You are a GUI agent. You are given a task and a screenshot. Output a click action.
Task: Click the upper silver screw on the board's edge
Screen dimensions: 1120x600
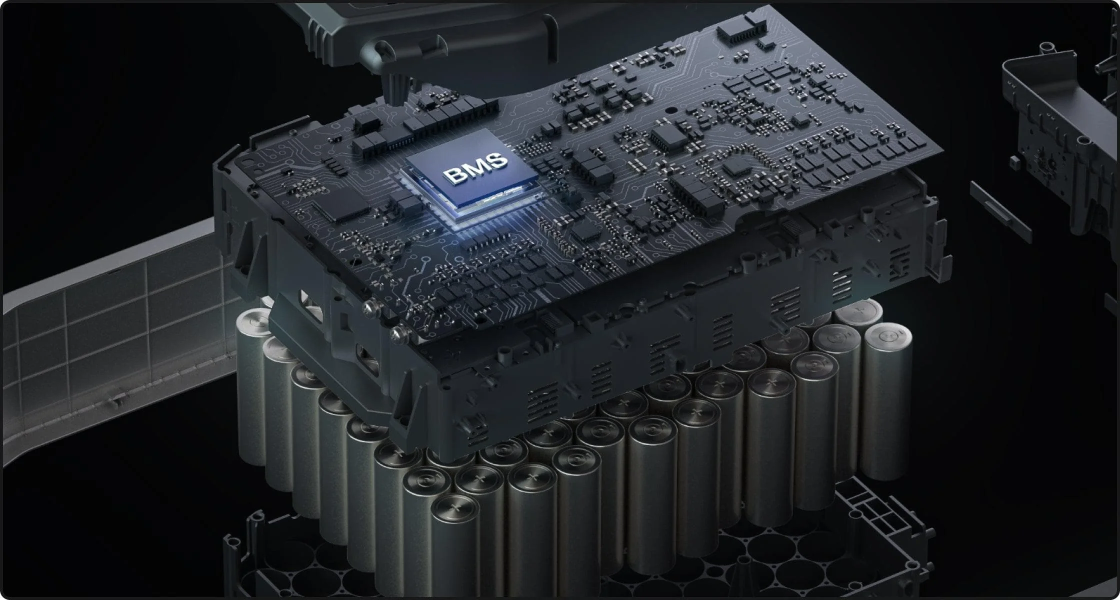coord(370,307)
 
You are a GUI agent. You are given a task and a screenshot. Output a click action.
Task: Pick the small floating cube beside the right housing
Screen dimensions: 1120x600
coord(1014,162)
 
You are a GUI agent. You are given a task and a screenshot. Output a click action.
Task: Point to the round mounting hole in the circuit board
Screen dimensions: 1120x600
coord(668,108)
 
